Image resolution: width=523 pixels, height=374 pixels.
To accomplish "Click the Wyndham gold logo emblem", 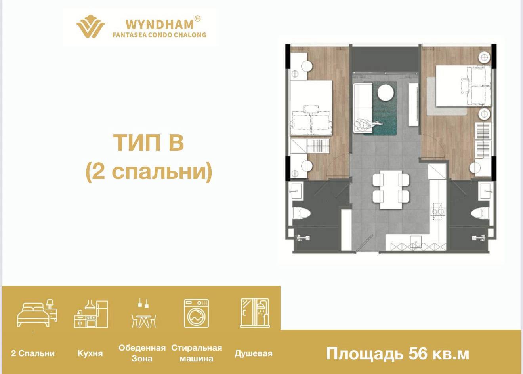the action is coord(90,27).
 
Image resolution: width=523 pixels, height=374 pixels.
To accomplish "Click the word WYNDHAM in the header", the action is coord(160,25).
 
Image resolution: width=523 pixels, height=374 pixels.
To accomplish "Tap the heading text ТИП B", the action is coord(149,142).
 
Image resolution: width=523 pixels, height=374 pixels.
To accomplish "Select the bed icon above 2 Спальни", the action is coord(37,313).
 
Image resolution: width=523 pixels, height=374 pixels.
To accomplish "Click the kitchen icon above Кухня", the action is coord(91,313).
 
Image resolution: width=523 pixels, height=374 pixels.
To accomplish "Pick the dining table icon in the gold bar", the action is coord(143,313).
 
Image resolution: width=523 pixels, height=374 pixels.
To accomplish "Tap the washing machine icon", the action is coord(197,313).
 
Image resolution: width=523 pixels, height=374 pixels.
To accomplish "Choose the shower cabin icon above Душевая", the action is coord(255,313).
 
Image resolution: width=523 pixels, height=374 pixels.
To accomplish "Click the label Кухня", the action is coord(90,353).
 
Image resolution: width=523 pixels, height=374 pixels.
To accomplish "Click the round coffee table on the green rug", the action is coord(386,93).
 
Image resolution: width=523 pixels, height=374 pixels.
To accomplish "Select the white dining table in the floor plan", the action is coord(391,189).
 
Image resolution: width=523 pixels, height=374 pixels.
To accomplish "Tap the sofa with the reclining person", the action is coord(363,108).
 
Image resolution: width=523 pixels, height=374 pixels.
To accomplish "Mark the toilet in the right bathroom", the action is coord(480,213).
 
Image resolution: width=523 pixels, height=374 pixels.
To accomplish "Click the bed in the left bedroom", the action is coord(311,108).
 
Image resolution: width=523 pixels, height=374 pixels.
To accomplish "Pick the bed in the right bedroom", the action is coord(464,86).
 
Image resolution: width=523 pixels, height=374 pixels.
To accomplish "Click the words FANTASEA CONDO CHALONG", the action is coord(159,35).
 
